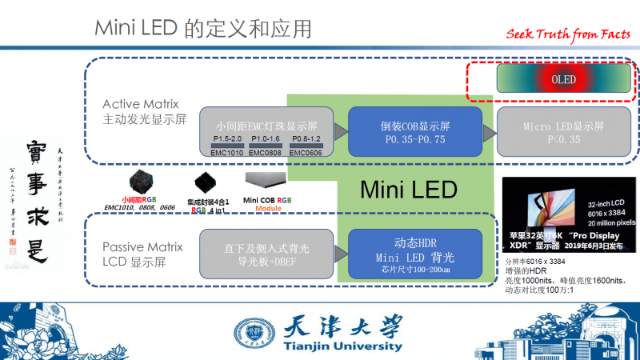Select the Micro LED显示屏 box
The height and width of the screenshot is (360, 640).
click(x=563, y=132)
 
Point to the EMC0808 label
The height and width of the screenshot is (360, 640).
click(x=263, y=152)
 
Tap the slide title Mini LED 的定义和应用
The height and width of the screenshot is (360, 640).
click(x=203, y=29)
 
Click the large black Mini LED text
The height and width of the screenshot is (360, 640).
click(x=408, y=190)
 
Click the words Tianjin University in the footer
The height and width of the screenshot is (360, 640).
click(x=342, y=346)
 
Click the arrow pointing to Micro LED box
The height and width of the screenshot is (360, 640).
click(x=490, y=131)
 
